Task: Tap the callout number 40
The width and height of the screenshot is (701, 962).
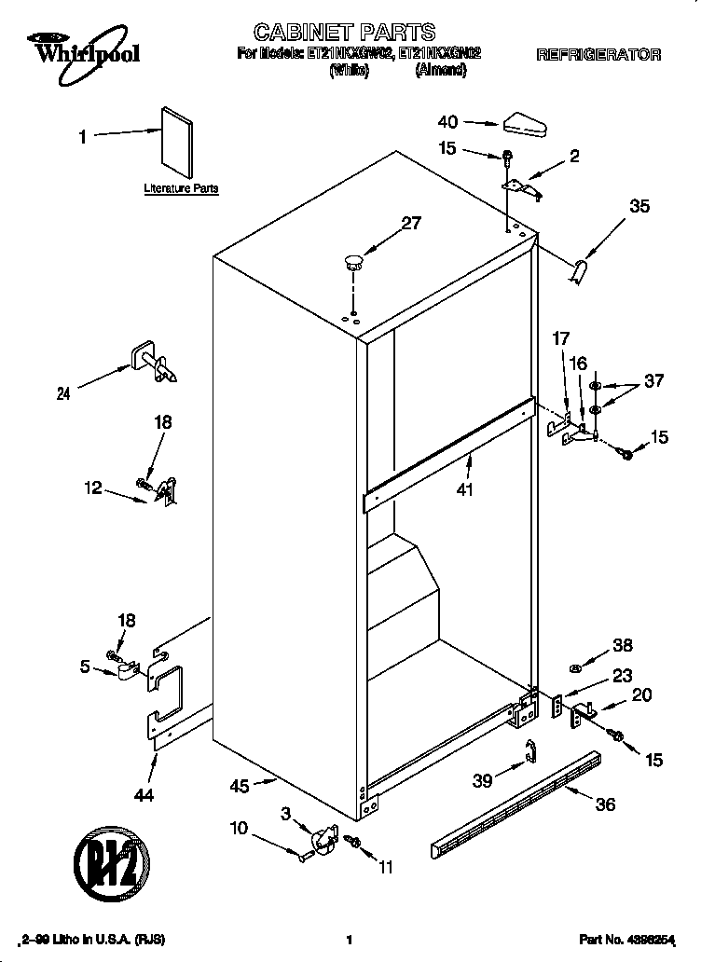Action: pyautogui.click(x=447, y=121)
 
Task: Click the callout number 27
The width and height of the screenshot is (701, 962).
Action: pyautogui.click(x=411, y=223)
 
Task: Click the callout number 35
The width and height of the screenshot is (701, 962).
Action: pyautogui.click(x=639, y=207)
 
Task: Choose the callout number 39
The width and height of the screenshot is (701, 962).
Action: pyautogui.click(x=482, y=780)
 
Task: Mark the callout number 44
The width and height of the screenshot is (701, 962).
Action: pyautogui.click(x=144, y=795)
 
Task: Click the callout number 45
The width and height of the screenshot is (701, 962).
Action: pyautogui.click(x=240, y=786)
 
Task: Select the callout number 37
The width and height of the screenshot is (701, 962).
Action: pyautogui.click(x=655, y=379)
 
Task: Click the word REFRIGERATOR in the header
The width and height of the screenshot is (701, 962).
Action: pyautogui.click(x=598, y=55)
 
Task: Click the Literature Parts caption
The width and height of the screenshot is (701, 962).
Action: pyautogui.click(x=181, y=188)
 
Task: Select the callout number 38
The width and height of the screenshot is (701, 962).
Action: pyautogui.click(x=622, y=645)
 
